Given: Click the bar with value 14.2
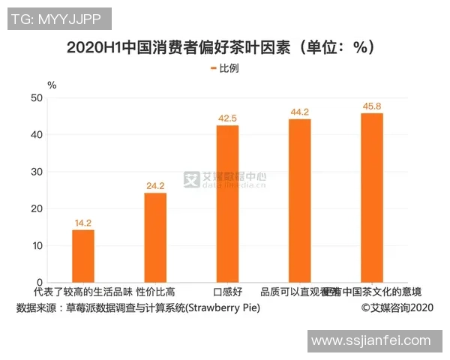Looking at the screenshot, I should (x=83, y=256).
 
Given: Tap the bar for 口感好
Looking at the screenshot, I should (x=227, y=204).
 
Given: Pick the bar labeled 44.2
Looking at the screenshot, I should (x=299, y=201).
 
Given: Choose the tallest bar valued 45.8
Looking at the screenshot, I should (x=371, y=198).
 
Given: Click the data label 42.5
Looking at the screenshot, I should (x=227, y=118).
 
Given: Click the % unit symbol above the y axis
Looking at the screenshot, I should (x=51, y=85).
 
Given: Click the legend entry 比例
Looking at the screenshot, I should (x=225, y=68).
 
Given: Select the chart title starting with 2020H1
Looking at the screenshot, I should (x=220, y=47).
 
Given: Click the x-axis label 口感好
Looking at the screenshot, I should (x=227, y=292).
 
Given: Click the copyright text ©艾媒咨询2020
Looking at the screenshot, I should (x=397, y=308).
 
